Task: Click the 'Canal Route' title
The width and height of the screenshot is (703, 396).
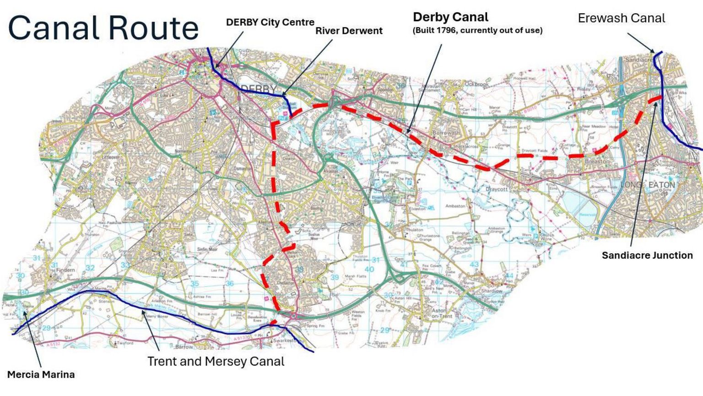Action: click(103, 28)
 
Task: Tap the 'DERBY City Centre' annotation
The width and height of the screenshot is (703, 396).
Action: click(270, 22)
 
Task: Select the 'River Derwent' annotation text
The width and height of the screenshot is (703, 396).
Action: click(349, 31)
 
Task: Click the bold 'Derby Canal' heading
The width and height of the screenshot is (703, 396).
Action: click(450, 17)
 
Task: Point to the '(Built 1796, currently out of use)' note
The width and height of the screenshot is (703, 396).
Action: click(477, 30)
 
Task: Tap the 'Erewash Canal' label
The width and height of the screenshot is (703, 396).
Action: click(621, 18)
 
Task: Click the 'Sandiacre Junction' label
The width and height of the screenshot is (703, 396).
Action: click(647, 255)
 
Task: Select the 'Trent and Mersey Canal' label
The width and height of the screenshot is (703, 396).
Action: click(216, 361)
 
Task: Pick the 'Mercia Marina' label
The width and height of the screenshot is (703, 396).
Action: click(41, 374)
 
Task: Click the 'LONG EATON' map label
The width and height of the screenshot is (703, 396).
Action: click(647, 185)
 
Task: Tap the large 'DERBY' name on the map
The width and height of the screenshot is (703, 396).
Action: click(259, 88)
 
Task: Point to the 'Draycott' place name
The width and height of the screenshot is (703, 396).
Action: click(497, 189)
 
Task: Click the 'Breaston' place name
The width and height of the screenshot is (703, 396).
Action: click(597, 161)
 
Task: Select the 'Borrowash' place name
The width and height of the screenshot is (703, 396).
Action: click(446, 132)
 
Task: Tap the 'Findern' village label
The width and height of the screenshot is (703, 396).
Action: click(65, 270)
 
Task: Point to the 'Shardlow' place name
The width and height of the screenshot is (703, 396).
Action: click(492, 291)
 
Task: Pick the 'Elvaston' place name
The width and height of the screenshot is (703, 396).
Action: click(417, 209)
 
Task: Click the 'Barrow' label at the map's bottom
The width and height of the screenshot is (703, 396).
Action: click(184, 347)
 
